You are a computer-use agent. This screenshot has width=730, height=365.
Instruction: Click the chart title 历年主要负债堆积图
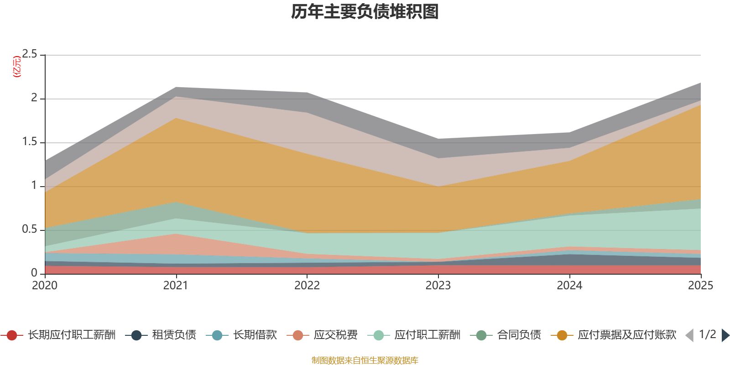pyautogui.click(x=365, y=12)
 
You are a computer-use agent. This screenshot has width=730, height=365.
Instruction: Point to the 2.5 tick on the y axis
pyautogui.click(x=30, y=54)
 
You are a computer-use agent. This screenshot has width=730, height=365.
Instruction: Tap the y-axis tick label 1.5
pyautogui.click(x=30, y=142)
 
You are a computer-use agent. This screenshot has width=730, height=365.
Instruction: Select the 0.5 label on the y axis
pyautogui.click(x=30, y=229)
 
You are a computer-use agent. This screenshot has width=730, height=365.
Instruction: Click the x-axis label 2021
pyautogui.click(x=176, y=286)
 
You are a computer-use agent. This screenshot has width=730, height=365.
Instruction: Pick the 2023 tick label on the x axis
pyautogui.click(x=438, y=286)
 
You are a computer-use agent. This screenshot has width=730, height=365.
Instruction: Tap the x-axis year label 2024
pyautogui.click(x=569, y=286)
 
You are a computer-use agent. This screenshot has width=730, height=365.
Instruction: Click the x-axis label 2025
pyautogui.click(x=700, y=286)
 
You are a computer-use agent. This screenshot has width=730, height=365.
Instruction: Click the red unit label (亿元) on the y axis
pyautogui.click(x=17, y=67)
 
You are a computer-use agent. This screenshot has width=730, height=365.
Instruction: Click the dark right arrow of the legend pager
pyautogui.click(x=725, y=335)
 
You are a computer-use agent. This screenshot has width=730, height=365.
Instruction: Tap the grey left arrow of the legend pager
pyautogui.click(x=689, y=335)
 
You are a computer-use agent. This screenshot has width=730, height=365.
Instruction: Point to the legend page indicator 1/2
pyautogui.click(x=707, y=334)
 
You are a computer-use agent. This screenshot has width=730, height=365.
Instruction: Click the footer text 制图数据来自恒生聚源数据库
pyautogui.click(x=365, y=360)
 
